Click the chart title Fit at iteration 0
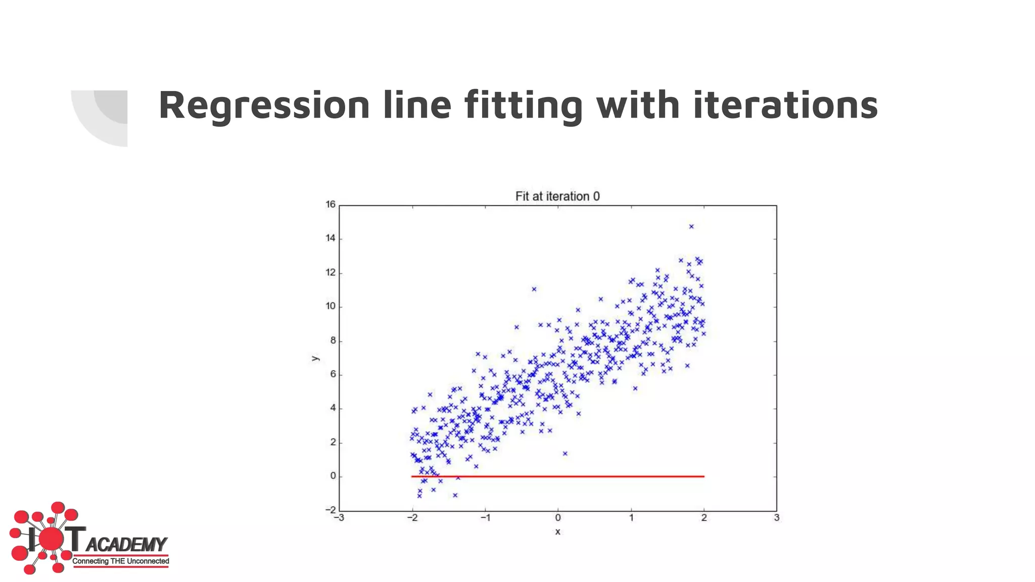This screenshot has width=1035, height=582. click(557, 197)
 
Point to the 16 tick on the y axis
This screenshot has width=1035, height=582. click(331, 205)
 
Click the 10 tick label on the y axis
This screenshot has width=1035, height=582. click(331, 306)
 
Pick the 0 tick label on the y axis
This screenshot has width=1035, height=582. click(333, 476)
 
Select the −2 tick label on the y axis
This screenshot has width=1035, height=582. click(331, 510)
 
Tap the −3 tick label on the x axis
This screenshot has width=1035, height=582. click(339, 518)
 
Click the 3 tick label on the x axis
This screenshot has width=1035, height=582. click(777, 518)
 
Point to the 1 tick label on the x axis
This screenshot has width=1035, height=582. click(631, 518)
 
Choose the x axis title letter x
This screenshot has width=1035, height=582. click(558, 532)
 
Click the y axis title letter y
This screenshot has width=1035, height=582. click(315, 358)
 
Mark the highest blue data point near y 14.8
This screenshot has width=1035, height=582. click(691, 226)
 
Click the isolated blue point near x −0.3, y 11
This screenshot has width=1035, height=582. click(534, 289)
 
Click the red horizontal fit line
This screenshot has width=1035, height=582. click(558, 476)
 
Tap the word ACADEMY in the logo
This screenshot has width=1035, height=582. click(126, 545)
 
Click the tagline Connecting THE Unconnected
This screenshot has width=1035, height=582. click(120, 561)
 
